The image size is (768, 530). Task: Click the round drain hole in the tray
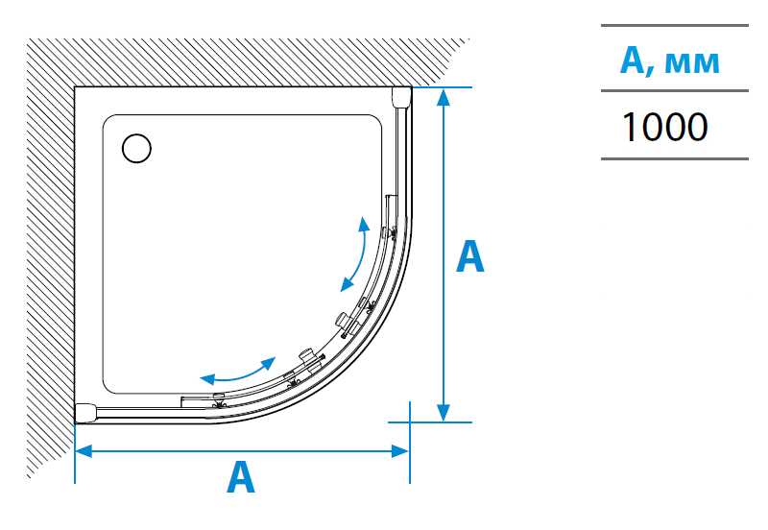[x=137, y=148]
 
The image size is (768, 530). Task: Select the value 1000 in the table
[x=664, y=126]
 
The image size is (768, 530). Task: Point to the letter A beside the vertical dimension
[x=469, y=256]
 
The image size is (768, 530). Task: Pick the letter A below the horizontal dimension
[x=241, y=477]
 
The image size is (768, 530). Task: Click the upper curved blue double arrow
[x=354, y=254]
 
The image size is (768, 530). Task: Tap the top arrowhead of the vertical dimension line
[x=443, y=97]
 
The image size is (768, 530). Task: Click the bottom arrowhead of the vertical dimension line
[x=443, y=412]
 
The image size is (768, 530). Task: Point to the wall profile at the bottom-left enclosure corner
[x=87, y=412]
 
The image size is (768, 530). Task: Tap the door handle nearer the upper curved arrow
[x=345, y=323]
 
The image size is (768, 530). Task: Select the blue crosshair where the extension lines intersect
[x=410, y=422]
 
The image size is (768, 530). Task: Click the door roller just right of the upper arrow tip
[x=389, y=231]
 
